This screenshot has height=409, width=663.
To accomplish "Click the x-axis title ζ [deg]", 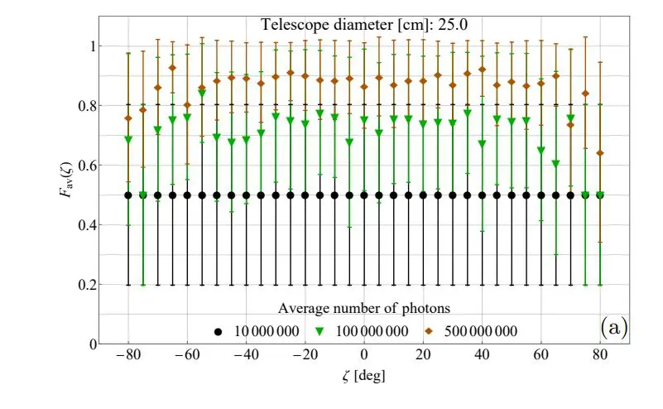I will click(x=363, y=375).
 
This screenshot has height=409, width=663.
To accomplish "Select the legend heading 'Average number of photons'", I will click(x=364, y=309).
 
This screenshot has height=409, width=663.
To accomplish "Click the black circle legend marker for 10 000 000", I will click(x=219, y=331).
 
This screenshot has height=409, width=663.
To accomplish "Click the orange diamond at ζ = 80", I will click(x=600, y=153).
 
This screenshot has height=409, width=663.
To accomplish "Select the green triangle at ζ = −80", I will click(x=128, y=140).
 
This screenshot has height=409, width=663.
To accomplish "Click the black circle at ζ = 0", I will click(x=364, y=195).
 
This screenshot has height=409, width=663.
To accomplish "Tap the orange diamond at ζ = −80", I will click(x=128, y=118).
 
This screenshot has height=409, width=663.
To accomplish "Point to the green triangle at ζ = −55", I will click(x=202, y=94).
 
